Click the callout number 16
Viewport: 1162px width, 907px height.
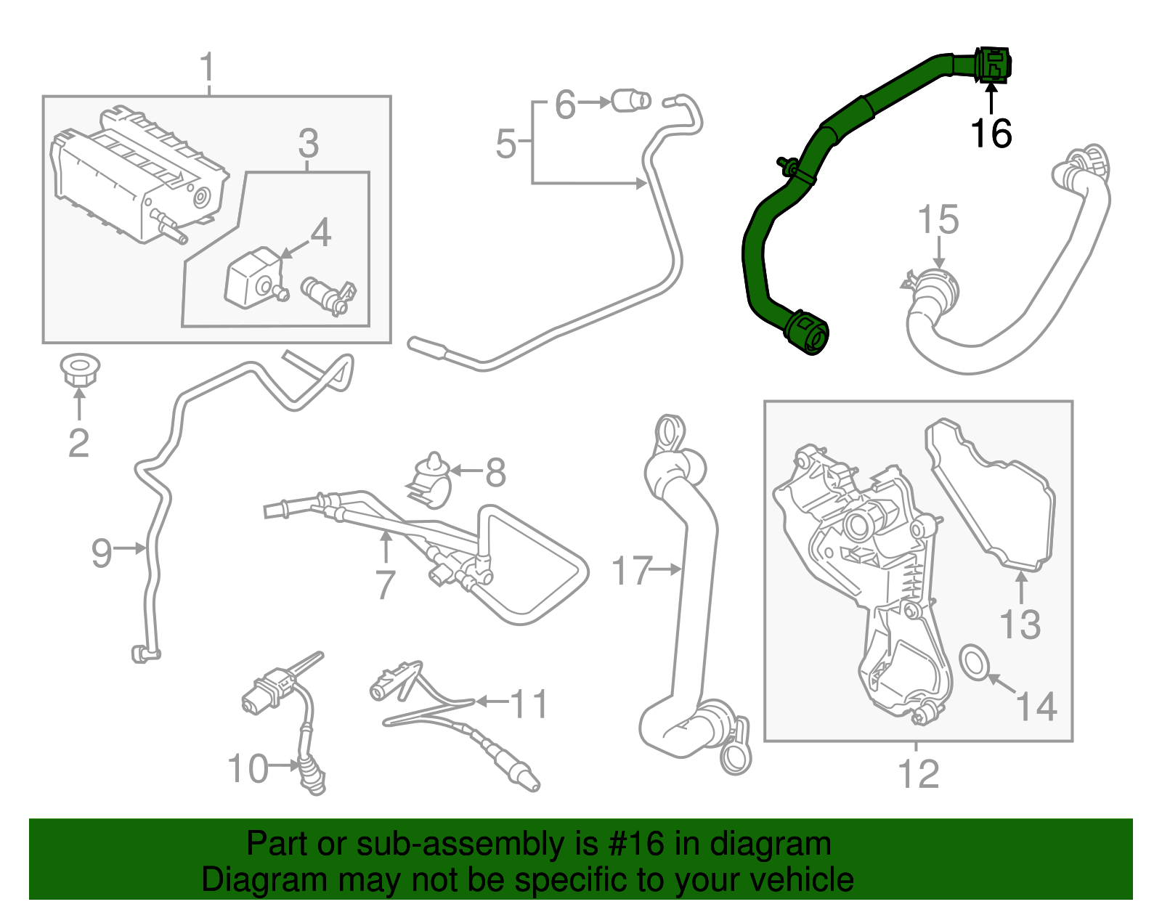pyautogui.click(x=991, y=134)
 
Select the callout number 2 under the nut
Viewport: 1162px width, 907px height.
pyautogui.click(x=78, y=442)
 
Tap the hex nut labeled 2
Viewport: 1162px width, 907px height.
pyautogui.click(x=79, y=370)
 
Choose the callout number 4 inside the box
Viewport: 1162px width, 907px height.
pyautogui.click(x=320, y=233)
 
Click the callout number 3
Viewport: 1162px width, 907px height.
pyautogui.click(x=308, y=144)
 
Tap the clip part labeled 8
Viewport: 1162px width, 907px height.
pyautogui.click(x=432, y=480)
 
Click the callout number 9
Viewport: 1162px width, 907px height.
pyautogui.click(x=102, y=553)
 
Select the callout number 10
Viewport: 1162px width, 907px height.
pyautogui.click(x=248, y=768)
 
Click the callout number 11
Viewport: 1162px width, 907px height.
pyautogui.click(x=529, y=704)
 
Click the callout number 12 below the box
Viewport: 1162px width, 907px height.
pyautogui.click(x=919, y=773)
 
